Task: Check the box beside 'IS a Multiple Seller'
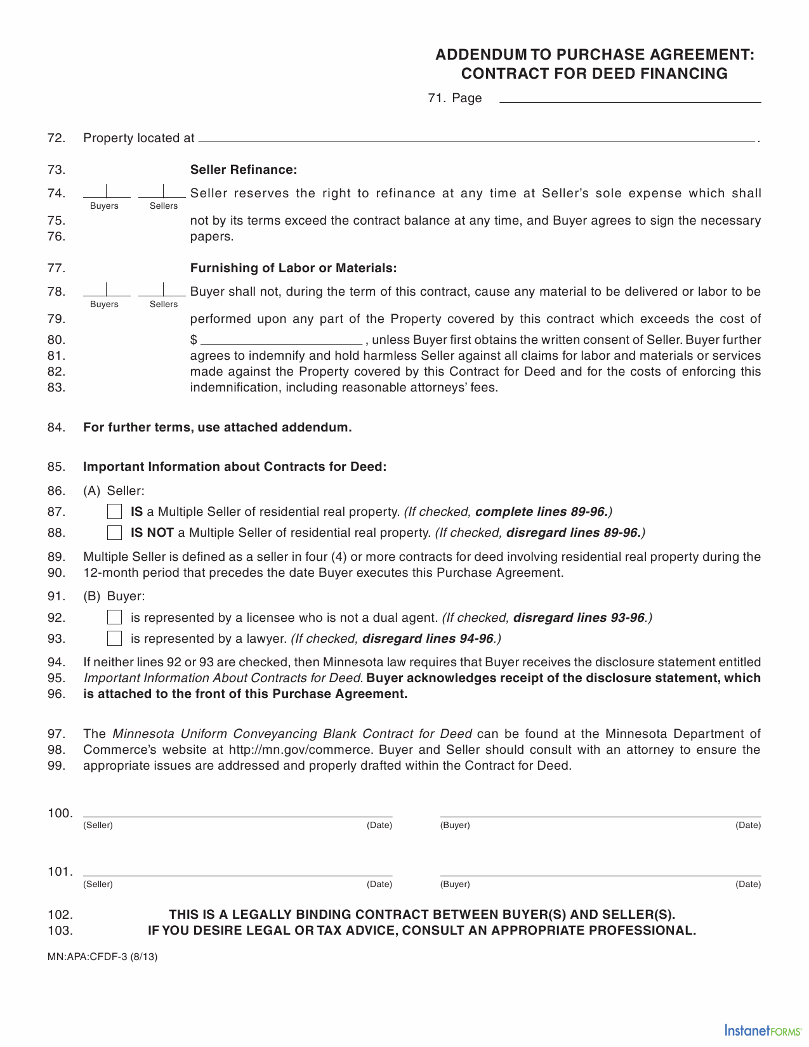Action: click(114, 511)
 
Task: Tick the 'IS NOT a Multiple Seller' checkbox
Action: click(114, 532)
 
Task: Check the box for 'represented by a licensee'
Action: click(114, 617)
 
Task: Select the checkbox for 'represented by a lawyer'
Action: click(114, 638)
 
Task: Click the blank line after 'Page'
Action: click(630, 98)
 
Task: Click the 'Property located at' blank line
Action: click(476, 138)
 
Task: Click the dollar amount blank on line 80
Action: click(280, 339)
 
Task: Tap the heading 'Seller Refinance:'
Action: click(244, 170)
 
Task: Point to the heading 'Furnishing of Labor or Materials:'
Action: click(293, 268)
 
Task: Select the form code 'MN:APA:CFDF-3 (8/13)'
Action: click(102, 957)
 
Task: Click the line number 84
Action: click(56, 428)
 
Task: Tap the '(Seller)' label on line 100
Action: click(98, 826)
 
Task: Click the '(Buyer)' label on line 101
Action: click(455, 885)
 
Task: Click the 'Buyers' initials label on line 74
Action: click(104, 206)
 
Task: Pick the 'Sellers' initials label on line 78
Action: click(164, 305)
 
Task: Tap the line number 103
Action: click(60, 931)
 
